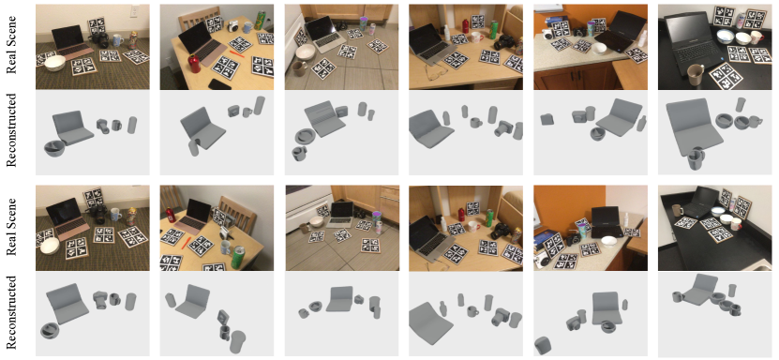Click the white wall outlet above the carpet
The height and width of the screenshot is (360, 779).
pyautogui.click(x=133, y=11)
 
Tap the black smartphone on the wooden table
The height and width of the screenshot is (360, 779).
pyautogui.click(x=219, y=84)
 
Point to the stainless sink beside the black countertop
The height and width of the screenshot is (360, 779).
pyautogui.click(x=765, y=267)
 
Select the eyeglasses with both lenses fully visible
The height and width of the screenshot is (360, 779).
pyautogui.click(x=435, y=74)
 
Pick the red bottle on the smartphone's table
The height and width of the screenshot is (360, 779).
pyautogui.click(x=193, y=65)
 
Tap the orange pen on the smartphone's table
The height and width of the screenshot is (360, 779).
pyautogui.click(x=237, y=53)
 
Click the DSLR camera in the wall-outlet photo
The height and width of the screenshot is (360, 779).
pyautogui.click(x=99, y=39)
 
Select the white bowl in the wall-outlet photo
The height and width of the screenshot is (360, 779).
pyautogui.click(x=55, y=64)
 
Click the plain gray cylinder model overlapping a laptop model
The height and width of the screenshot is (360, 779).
pyautogui.click(x=193, y=147)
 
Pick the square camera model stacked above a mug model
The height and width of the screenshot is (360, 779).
pyautogui.click(x=223, y=317)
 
